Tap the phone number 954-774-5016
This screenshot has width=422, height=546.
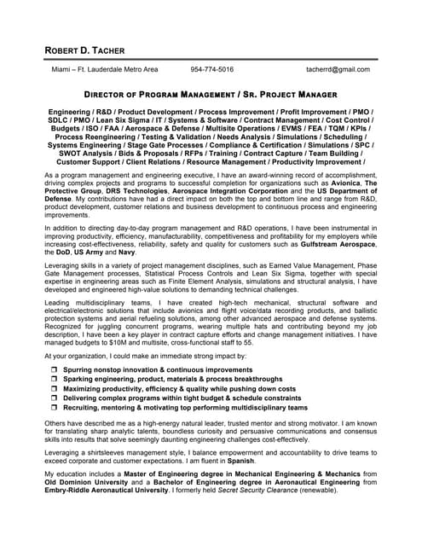[x=212, y=70]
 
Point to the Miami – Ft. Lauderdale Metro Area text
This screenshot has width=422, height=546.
[x=105, y=70]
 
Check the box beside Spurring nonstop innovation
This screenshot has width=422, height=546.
[x=55, y=369]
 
